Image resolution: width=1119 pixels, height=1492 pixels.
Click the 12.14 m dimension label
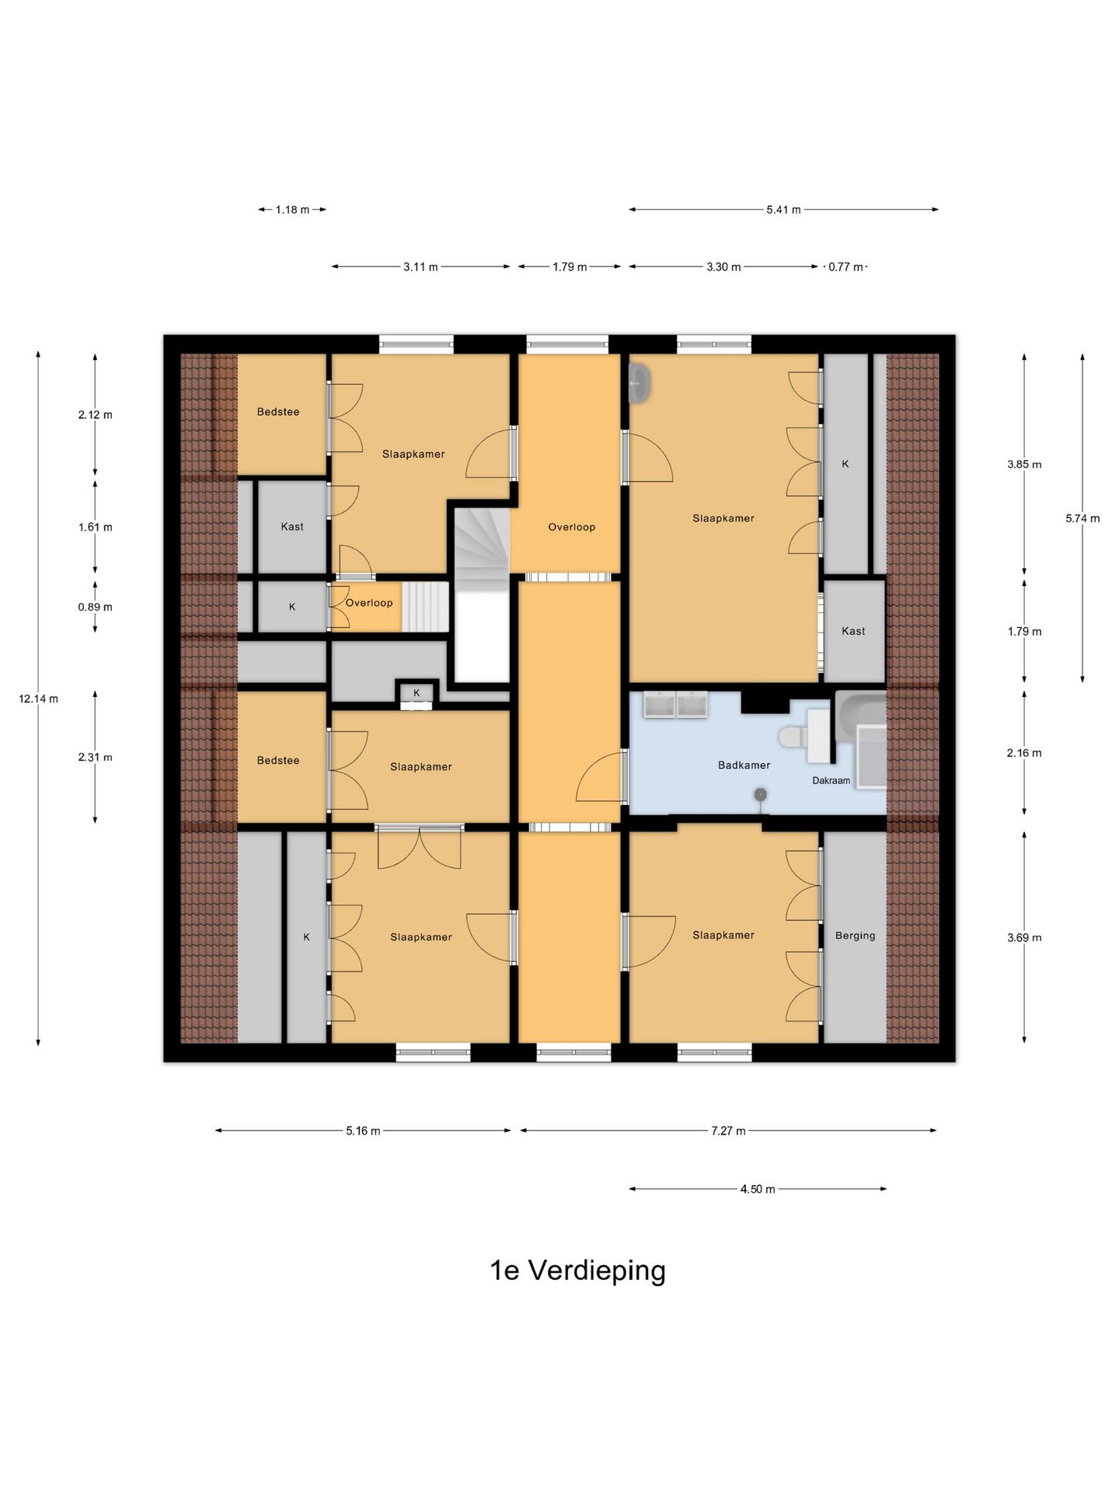[39, 699]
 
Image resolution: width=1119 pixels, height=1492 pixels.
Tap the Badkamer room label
[744, 765]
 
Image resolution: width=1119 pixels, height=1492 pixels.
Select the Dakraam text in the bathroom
[831, 780]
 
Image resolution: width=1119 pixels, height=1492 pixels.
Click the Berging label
[855, 936]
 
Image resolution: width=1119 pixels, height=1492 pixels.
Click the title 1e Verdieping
[577, 1271]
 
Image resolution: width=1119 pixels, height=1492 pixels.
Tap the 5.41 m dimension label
[783, 210]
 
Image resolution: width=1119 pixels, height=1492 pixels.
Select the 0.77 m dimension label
[845, 267]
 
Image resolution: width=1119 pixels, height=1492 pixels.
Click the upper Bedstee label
[278, 412]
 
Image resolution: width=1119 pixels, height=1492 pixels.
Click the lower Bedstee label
[278, 761]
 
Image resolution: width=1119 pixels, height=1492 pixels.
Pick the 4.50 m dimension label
[758, 1189]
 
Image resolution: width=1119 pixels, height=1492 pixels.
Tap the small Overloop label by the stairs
[369, 603]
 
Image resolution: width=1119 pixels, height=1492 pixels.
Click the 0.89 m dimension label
[95, 607]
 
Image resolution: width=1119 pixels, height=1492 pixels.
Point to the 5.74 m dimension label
[1082, 518]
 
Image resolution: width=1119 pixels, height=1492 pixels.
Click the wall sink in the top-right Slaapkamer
[640, 382]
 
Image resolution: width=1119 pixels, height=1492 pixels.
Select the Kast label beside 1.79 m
[853, 631]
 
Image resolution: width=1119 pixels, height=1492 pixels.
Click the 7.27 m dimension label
[728, 1131]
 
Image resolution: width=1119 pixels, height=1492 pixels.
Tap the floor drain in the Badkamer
[760, 794]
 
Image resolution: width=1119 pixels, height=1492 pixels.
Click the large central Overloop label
[571, 527]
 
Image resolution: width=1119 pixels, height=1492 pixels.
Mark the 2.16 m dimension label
[1024, 753]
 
